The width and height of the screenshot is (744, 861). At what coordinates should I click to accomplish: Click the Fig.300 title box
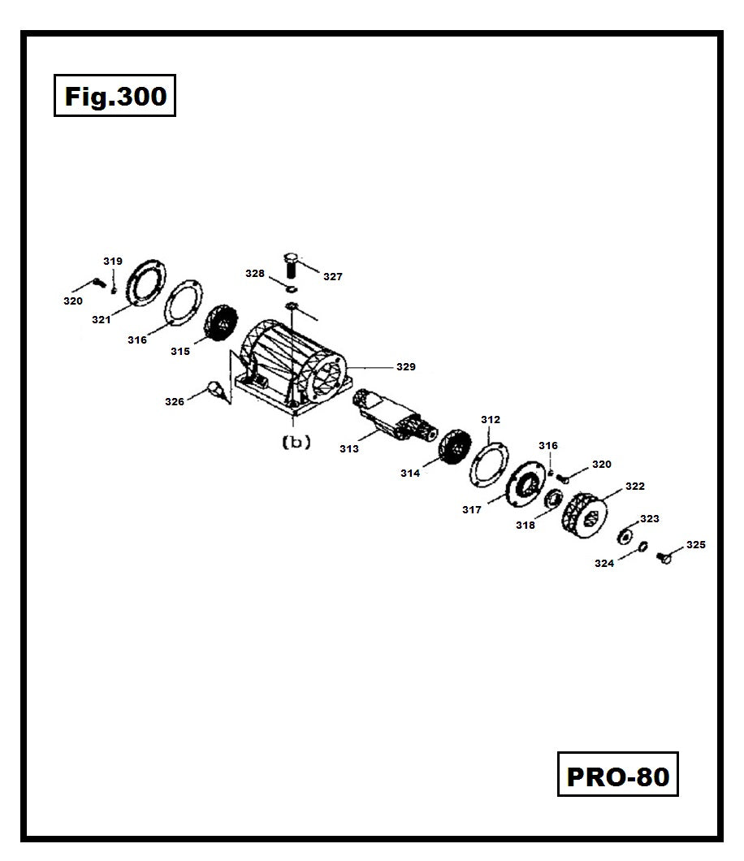[x=115, y=96]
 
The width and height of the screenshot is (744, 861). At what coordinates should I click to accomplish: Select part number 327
[x=333, y=277]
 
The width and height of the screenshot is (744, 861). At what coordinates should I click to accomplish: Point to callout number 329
[x=406, y=367]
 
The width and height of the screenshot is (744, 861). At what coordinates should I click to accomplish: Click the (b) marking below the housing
[x=296, y=443]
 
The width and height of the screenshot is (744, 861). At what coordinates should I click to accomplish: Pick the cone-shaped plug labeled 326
[x=216, y=390]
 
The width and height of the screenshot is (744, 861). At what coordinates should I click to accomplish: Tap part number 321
[x=101, y=320]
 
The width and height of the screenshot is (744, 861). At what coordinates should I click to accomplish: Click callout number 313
[x=349, y=448]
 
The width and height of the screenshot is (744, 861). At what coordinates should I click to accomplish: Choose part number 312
[x=491, y=420]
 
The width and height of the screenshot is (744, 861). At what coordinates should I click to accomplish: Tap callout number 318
[x=526, y=526]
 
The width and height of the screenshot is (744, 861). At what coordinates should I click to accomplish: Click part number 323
[x=650, y=518]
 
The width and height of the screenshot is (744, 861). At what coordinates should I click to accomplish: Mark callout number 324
[x=604, y=563]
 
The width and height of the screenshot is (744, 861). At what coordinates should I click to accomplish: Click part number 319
[x=112, y=262]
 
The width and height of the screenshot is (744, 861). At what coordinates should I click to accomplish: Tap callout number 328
[x=255, y=274]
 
